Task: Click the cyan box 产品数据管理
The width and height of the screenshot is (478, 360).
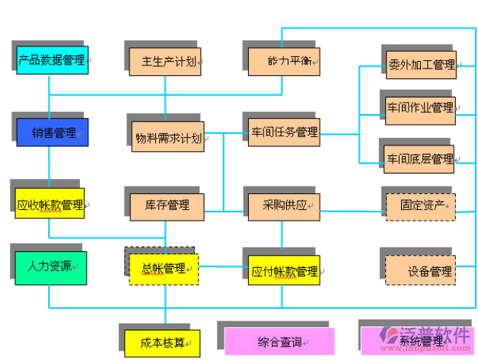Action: click(53, 60)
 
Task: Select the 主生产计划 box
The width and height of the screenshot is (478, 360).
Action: click(165, 61)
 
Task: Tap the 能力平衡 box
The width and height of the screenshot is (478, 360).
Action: click(284, 61)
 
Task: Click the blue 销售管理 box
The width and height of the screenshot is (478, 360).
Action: click(53, 132)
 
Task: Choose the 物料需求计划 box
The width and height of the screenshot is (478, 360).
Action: click(167, 137)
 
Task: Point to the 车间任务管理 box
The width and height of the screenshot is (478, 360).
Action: click(284, 132)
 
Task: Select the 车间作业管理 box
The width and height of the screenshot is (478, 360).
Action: click(420, 107)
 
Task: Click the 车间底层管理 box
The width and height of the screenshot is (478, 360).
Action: click(420, 158)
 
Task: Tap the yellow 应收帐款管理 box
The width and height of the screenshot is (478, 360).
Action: click(50, 204)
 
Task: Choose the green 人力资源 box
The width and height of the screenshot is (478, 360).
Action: click(50, 267)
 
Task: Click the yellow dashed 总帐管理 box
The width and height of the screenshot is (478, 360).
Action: click(164, 269)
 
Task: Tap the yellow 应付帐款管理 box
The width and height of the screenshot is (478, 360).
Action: click(284, 270)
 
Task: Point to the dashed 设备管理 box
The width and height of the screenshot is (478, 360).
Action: click(421, 270)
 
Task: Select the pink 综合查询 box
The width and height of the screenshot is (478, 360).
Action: click(279, 341)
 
